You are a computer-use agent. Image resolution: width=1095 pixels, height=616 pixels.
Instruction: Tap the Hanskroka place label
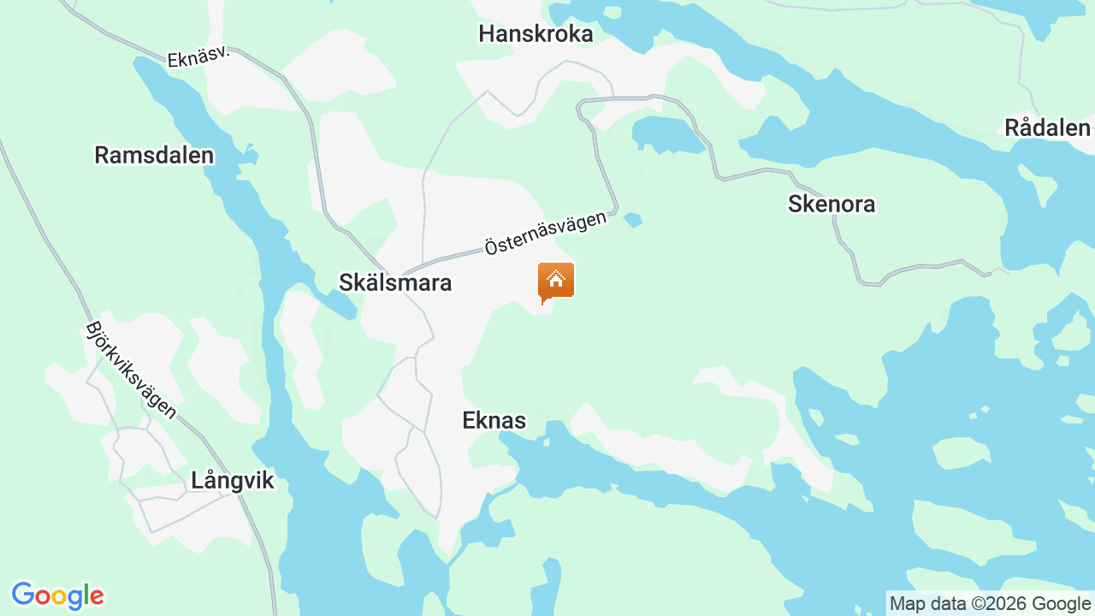click(536, 33)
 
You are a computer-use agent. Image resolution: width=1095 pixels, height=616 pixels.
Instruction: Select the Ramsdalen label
click(154, 155)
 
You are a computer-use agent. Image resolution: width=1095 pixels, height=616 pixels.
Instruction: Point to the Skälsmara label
click(395, 282)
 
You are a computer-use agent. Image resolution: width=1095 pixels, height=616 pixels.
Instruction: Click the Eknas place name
click(494, 420)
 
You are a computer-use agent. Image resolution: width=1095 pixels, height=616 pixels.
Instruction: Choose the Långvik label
click(233, 480)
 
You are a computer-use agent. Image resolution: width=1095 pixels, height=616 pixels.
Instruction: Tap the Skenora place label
click(832, 204)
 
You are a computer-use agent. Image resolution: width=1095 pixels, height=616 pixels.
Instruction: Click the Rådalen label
click(1047, 127)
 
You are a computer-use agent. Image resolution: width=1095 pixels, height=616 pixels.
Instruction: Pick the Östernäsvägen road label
click(546, 233)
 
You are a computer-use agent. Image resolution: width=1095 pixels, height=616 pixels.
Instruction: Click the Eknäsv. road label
click(198, 57)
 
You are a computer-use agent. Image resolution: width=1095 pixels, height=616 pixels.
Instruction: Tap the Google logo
click(57, 595)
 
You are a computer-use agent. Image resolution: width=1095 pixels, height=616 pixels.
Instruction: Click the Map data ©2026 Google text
click(990, 604)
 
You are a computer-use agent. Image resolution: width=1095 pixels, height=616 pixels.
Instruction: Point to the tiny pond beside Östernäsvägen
click(633, 220)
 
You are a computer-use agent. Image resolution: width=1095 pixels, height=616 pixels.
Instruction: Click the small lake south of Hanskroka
click(668, 135)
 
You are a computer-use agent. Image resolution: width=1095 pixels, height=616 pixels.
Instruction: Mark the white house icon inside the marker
click(556, 278)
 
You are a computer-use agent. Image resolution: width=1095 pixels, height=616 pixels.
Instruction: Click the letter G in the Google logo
click(23, 595)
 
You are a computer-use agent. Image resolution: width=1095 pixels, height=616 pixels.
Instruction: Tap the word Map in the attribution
click(908, 604)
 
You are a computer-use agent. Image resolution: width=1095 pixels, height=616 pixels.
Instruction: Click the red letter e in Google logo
click(97, 596)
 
